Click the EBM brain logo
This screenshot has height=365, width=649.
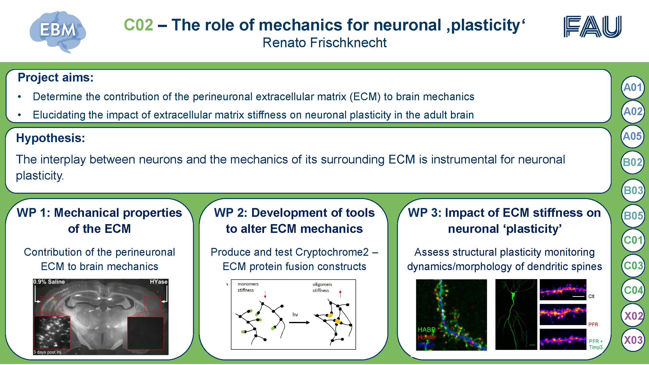(x=58, y=32)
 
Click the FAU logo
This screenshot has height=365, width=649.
(x=592, y=27)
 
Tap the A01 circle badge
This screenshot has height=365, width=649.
(x=633, y=87)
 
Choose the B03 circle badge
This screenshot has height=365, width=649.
(x=633, y=191)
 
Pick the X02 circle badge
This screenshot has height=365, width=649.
(x=633, y=316)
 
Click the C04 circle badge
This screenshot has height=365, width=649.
(x=633, y=290)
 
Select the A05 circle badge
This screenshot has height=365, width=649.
(x=632, y=136)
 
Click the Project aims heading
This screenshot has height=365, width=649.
(x=55, y=77)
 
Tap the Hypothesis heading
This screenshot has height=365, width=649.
(x=50, y=138)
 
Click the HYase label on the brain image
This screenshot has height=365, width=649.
(x=158, y=282)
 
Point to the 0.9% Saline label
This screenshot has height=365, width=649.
(x=49, y=282)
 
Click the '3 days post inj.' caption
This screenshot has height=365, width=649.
(x=48, y=352)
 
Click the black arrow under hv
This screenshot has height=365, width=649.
(x=299, y=322)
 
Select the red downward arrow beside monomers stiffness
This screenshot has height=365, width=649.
(x=265, y=294)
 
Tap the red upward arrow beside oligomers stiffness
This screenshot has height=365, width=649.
(x=340, y=294)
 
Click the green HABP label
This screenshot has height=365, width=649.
(x=426, y=329)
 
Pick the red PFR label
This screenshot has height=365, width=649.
(x=593, y=324)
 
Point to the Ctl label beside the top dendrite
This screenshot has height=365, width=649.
(x=591, y=296)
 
